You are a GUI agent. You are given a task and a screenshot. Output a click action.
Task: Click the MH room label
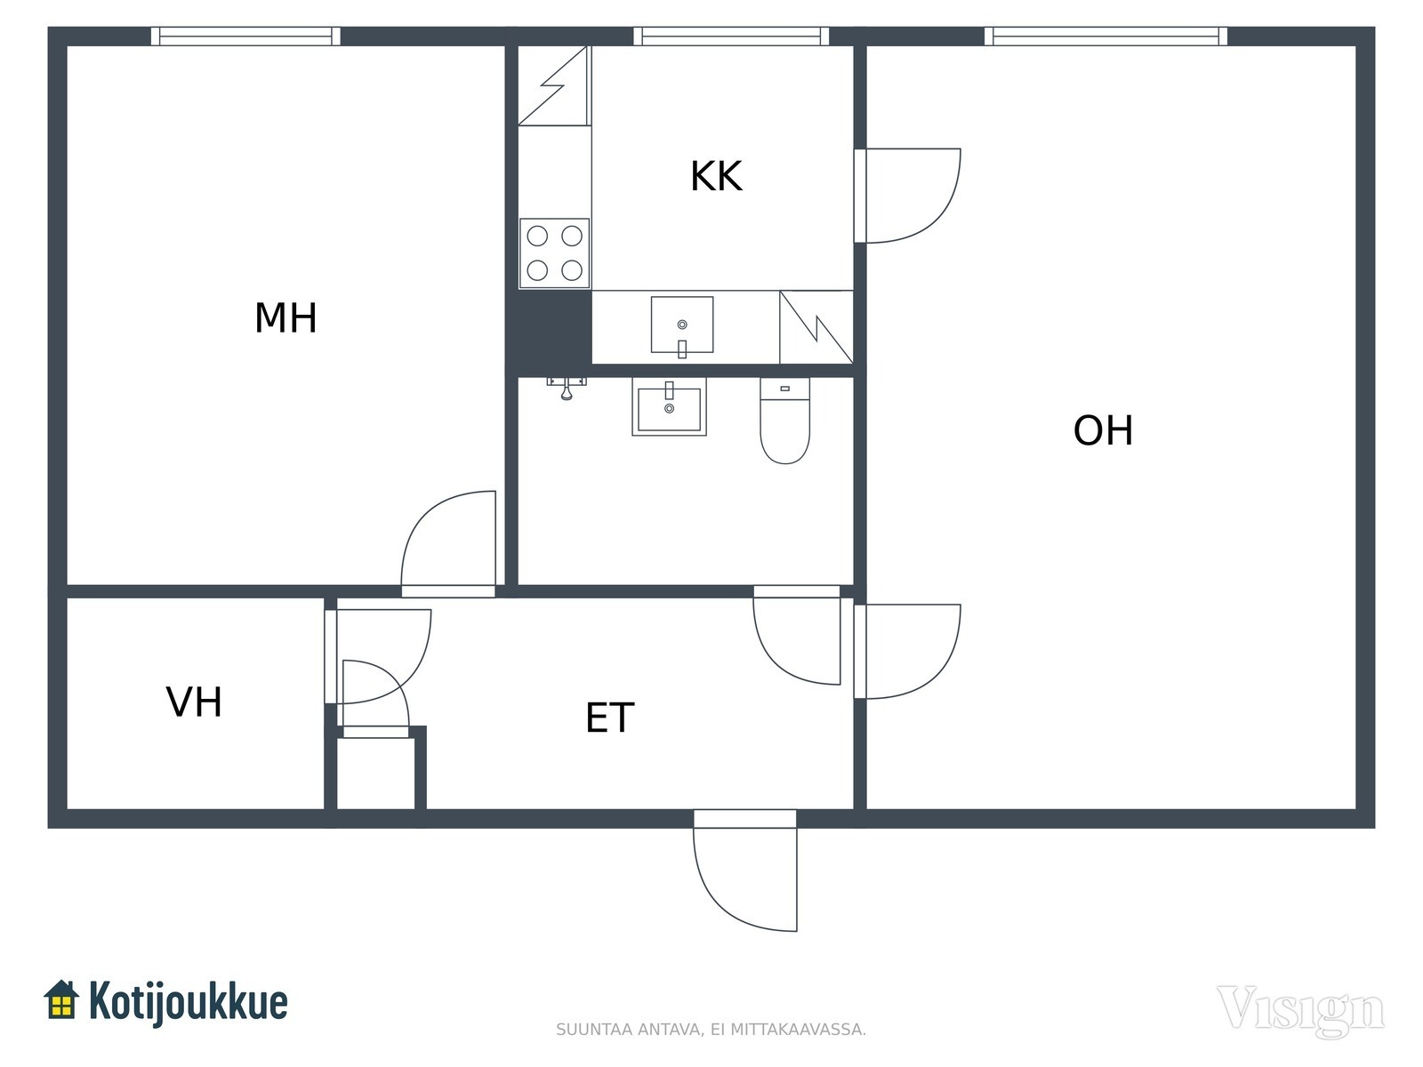(285, 318)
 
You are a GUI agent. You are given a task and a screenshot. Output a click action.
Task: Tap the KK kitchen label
(716, 176)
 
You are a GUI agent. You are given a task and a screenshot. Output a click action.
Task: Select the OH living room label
(1103, 430)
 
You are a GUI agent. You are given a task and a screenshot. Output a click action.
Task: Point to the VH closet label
(194, 702)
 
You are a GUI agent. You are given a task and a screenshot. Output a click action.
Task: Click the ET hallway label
(610, 718)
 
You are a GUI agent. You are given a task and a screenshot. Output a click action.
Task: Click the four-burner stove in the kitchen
(554, 253)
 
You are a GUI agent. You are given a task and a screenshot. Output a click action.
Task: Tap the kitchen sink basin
(682, 325)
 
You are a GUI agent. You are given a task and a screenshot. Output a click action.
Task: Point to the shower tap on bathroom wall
(566, 387)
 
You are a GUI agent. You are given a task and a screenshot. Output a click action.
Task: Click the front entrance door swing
(745, 876)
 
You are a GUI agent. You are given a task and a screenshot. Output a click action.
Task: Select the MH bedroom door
(449, 542)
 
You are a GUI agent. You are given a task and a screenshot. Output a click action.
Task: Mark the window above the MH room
(245, 36)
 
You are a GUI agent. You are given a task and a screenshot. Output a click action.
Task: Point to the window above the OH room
(1105, 36)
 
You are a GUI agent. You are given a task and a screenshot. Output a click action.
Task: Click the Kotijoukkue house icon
(61, 999)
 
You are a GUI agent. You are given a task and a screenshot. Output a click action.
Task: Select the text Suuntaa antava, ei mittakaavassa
(711, 1030)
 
